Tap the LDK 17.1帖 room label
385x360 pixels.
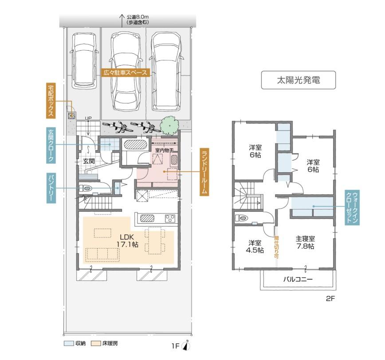coord(126,240)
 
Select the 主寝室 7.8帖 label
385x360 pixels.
coord(305,242)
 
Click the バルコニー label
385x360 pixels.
coord(298,280)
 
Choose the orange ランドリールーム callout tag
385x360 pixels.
coord(204,171)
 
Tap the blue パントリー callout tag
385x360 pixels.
coord(51,188)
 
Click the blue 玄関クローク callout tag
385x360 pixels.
coord(51,145)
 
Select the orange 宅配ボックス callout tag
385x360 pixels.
coord(51,100)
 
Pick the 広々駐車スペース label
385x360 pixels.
coord(125,73)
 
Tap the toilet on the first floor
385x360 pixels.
coord(88,188)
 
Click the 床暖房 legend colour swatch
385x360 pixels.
coord(96,344)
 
